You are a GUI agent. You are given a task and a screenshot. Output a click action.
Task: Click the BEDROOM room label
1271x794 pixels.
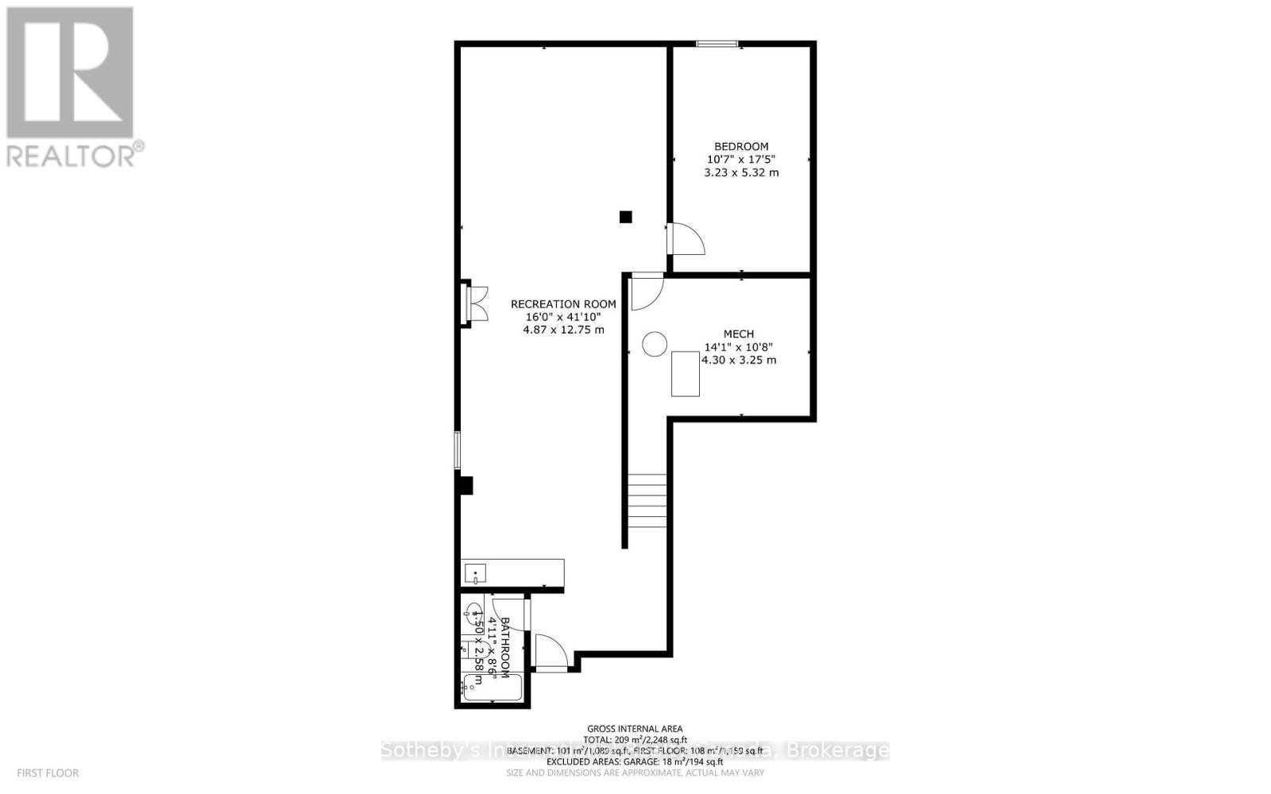coord(741,146)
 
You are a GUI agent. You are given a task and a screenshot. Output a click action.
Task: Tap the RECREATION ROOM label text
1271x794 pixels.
coord(563,303)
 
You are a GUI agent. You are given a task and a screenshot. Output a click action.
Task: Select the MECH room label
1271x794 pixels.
coord(739,334)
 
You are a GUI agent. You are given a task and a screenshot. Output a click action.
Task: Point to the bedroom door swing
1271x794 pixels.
coord(686,239)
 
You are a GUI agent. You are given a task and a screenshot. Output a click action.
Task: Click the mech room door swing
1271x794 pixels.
coord(647,291)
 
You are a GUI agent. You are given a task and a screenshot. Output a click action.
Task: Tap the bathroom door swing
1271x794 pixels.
coord(551,653)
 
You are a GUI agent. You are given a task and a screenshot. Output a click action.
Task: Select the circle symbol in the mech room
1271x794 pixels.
coord(655,344)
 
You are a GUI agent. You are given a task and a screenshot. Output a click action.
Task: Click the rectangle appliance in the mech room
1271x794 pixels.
coord(686,374)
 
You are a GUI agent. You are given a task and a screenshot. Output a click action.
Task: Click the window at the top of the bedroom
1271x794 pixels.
coord(717,44)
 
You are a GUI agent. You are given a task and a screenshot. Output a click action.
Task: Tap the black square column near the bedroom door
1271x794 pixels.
coord(626,216)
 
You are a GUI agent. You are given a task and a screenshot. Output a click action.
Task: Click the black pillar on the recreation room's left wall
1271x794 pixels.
coord(466,484)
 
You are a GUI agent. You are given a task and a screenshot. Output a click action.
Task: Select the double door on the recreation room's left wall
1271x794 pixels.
coord(475,303)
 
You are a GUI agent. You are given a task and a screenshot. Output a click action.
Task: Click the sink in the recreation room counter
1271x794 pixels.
coord(475,573)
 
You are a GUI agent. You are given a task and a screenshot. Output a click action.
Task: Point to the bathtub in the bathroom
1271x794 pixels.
coord(493,688)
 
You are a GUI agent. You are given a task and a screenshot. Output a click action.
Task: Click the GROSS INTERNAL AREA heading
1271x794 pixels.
coord(635,729)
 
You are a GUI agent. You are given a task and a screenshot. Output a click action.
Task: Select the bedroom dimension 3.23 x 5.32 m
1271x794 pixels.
coord(741,172)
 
